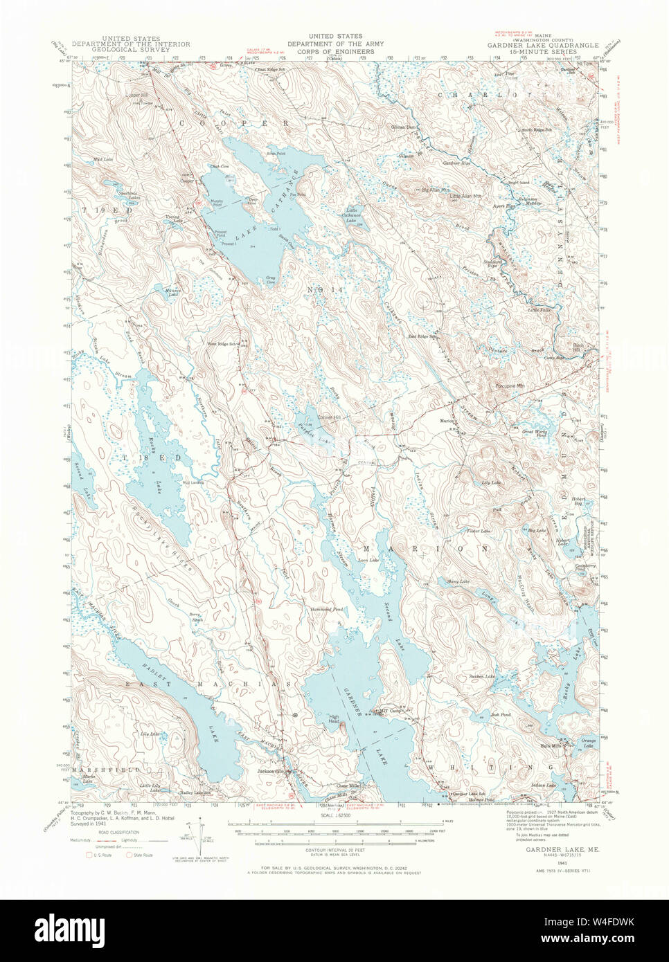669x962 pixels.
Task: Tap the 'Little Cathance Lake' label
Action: point(353,215)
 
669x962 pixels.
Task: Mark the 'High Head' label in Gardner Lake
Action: point(334,720)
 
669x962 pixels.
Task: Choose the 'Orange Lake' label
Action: point(588,743)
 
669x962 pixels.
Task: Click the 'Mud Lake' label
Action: point(102,159)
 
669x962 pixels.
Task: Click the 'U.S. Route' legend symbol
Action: point(89,855)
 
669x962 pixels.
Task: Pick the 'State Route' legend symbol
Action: point(129,855)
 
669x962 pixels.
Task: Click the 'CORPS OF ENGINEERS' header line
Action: point(334,51)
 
